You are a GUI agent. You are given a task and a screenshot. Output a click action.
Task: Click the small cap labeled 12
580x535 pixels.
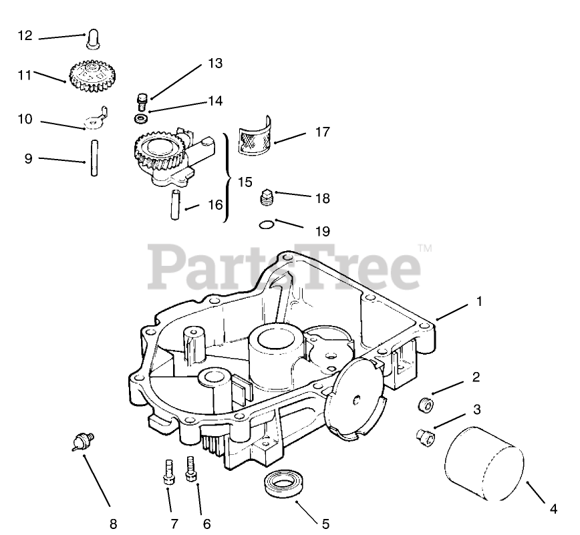[x=92, y=39]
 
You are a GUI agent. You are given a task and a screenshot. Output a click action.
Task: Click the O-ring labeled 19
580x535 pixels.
[x=265, y=225]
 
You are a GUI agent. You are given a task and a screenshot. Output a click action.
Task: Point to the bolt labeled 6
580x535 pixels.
[x=190, y=468]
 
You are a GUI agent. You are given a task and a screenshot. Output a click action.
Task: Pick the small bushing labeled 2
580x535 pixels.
[x=424, y=404]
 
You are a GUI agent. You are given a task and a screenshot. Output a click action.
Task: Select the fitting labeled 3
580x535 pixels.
[x=424, y=437]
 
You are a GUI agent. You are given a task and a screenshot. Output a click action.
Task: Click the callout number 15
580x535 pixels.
[x=245, y=182]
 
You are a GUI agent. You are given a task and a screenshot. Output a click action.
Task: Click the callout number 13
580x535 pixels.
[x=214, y=63]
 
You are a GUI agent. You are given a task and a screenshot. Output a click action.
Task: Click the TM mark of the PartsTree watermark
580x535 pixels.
[x=424, y=248]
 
